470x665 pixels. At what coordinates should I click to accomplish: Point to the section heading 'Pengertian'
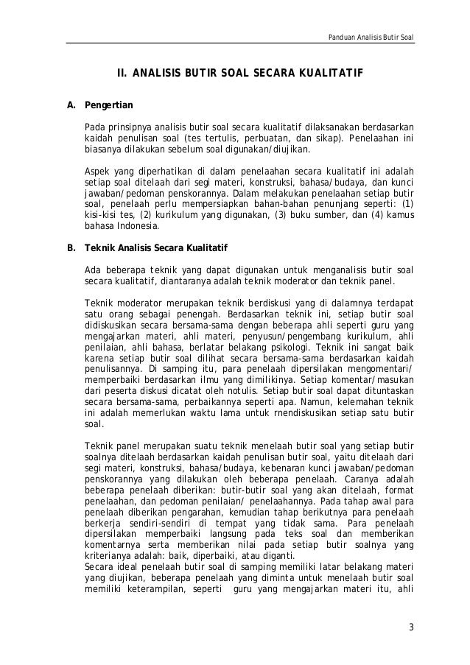tap(109, 105)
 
